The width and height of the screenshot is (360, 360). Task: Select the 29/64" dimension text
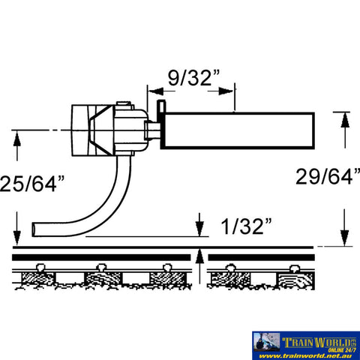(x=325, y=177)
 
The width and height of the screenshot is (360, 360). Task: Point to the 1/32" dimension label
(x=244, y=224)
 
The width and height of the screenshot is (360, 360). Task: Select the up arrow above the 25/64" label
(x=16, y=140)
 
